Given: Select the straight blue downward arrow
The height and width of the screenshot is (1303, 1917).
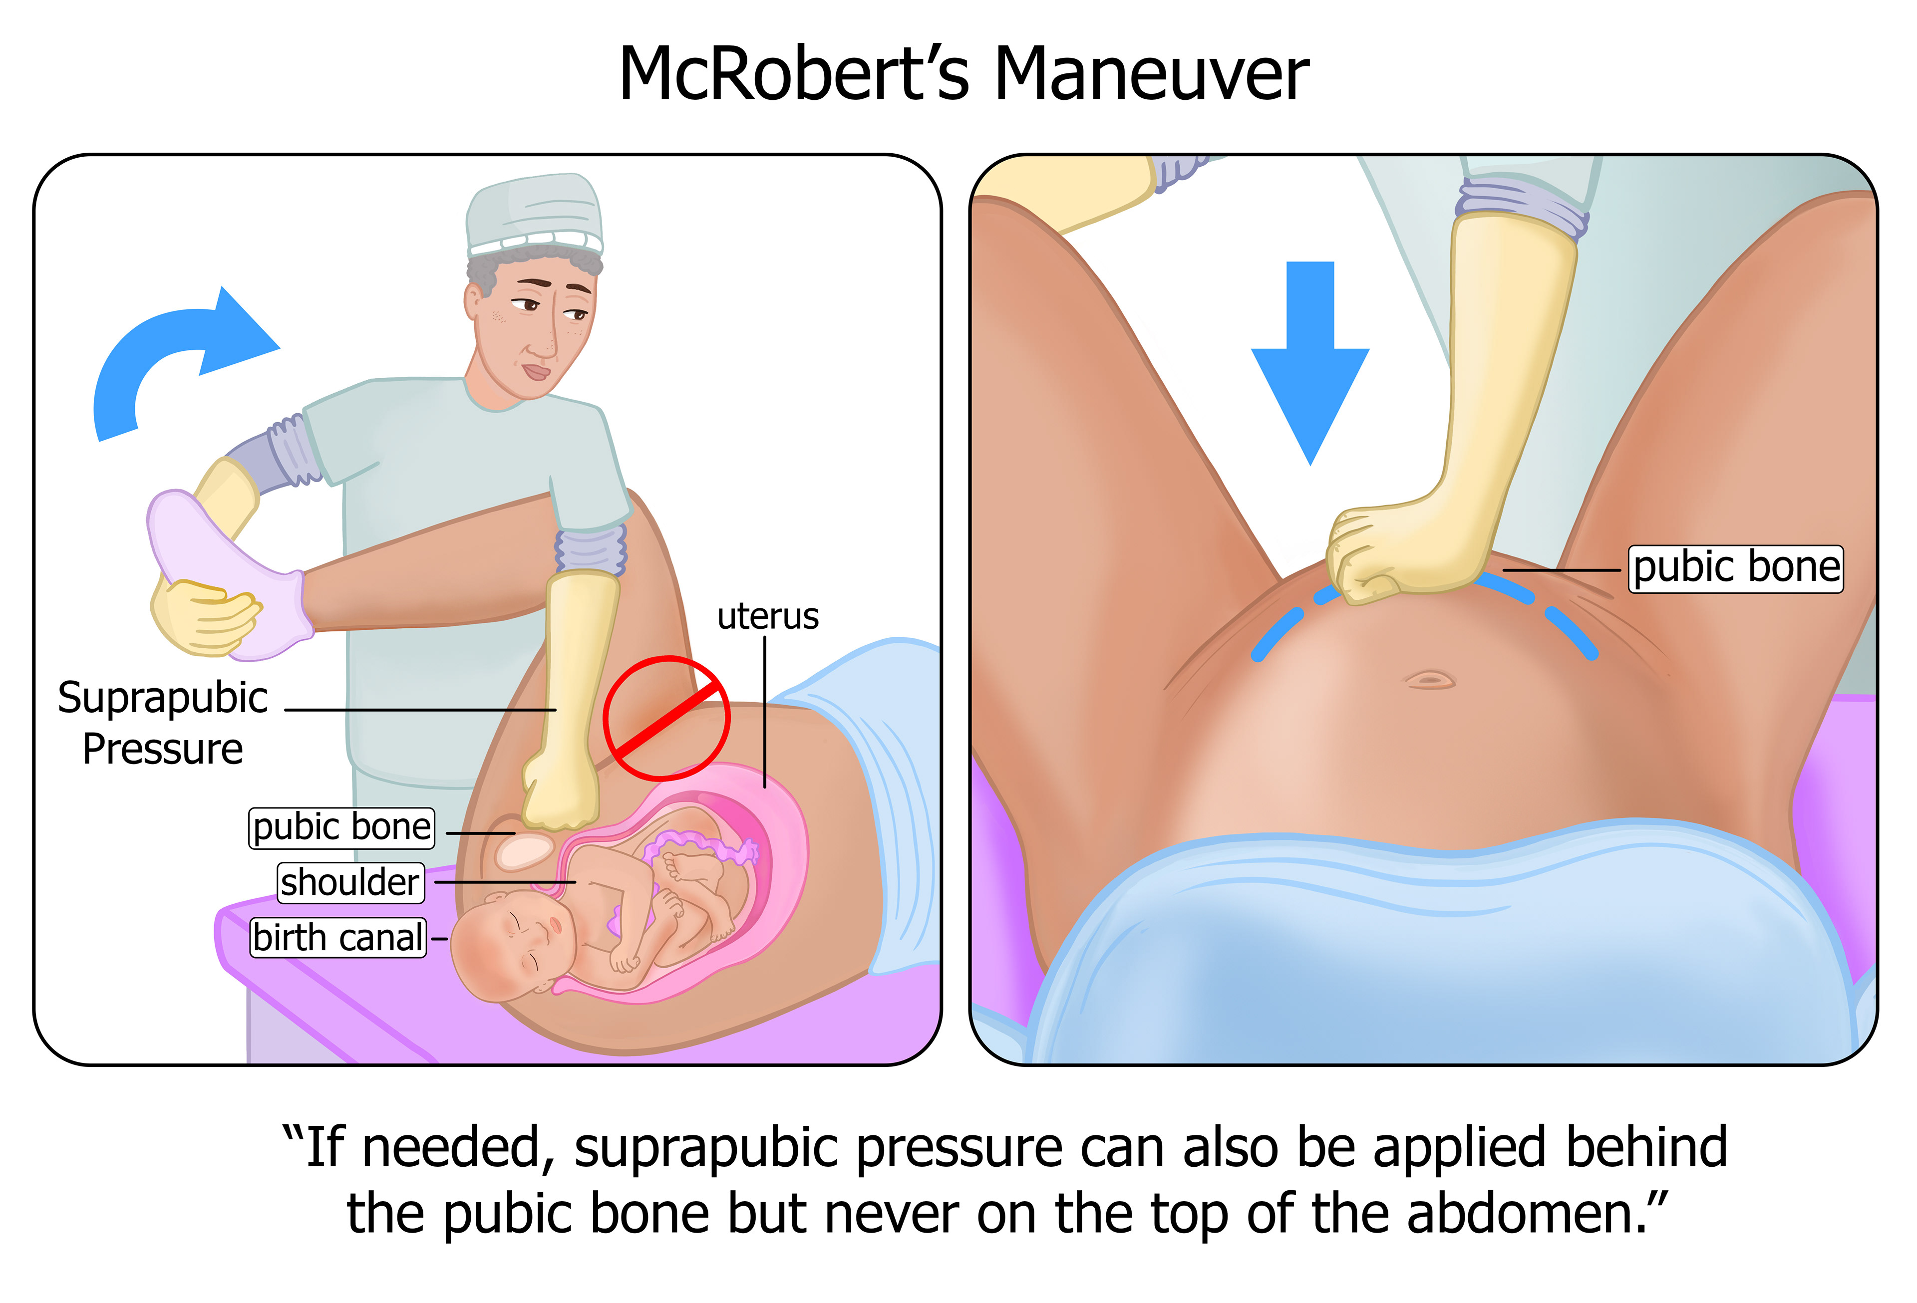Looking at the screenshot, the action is [x=1310, y=363].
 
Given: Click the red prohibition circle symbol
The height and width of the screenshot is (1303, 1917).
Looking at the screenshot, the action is [x=666, y=718].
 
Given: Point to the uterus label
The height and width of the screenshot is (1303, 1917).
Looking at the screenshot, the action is [x=767, y=617].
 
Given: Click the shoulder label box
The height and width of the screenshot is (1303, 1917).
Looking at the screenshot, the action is [x=350, y=882].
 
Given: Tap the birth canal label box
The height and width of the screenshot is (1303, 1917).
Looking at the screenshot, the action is [x=338, y=938].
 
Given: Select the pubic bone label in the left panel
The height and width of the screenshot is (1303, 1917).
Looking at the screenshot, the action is [x=341, y=827].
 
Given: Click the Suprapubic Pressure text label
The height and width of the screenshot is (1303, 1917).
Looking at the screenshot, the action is [x=163, y=723].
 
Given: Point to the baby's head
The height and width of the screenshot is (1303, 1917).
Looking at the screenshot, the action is [x=503, y=948].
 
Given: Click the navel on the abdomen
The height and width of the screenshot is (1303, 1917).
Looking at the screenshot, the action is [x=1429, y=680].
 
